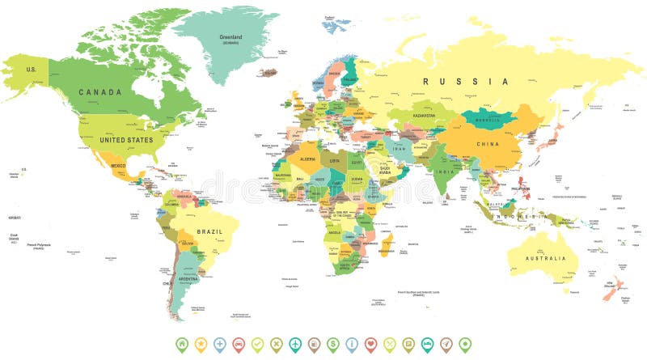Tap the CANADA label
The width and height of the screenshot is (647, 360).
click(100, 92)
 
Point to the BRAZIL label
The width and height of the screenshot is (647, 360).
click(209, 230)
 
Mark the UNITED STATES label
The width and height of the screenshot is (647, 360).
click(126, 140)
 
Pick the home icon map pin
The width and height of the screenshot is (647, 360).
click(181, 344)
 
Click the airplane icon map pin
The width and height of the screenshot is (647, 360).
click(295, 344)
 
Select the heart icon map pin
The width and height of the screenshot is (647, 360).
click(371, 344)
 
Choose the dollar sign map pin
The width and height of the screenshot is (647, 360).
click(333, 344)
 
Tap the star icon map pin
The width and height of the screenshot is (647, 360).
click(201, 344)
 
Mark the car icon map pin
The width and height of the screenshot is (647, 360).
click(239, 344)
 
